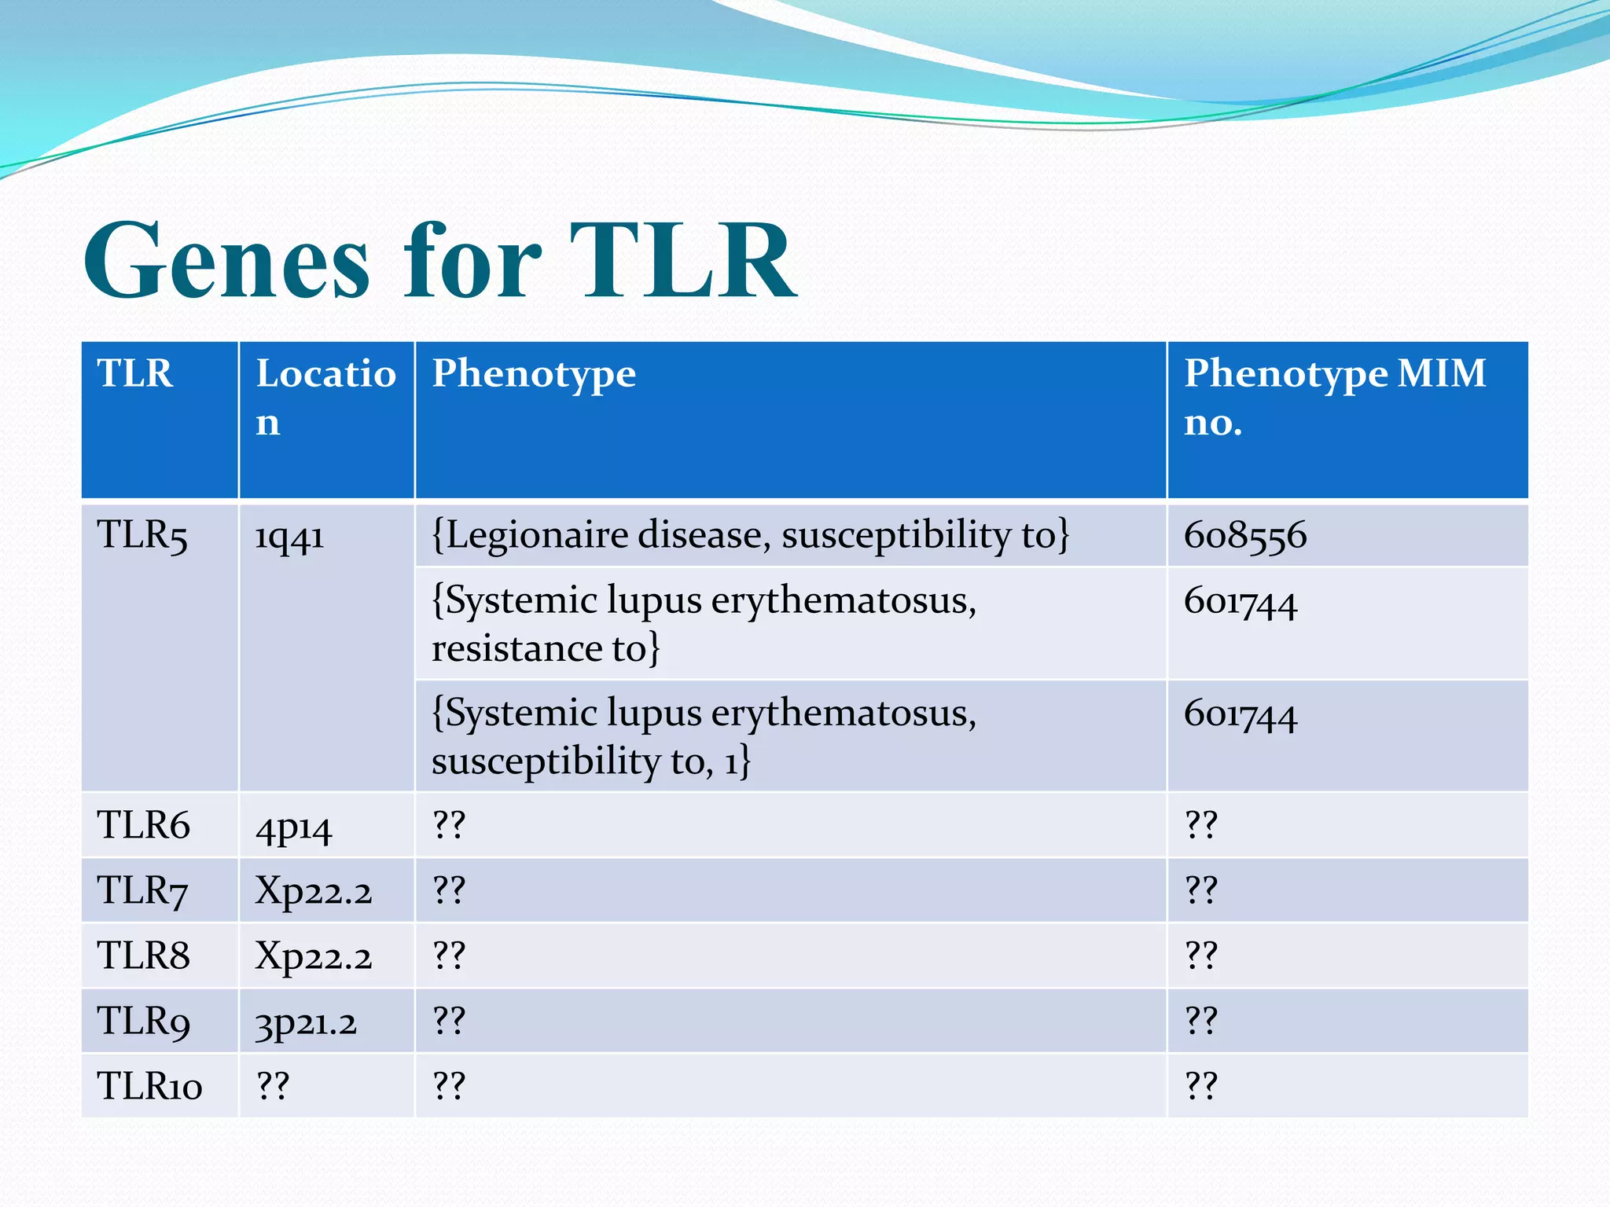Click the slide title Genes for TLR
(440, 261)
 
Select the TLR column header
(135, 373)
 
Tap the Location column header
(325, 397)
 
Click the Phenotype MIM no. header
(1334, 397)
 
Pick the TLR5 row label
(142, 536)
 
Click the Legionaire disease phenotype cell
(751, 535)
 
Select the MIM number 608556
(1245, 536)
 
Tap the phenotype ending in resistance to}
(704, 624)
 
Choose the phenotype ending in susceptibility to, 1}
(704, 736)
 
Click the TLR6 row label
(143, 826)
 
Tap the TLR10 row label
(149, 1087)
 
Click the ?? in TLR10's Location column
(273, 1087)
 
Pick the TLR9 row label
(143, 1022)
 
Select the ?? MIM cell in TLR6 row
(1200, 826)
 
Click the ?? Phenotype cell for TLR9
(449, 1022)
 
